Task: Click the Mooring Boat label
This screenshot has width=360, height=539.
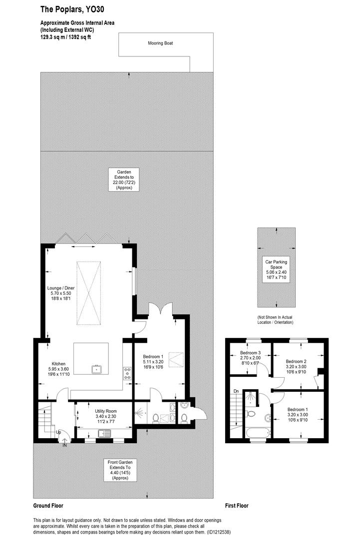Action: [160, 43]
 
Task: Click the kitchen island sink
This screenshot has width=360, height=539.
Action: [96, 370]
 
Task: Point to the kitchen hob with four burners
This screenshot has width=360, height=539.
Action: [127, 373]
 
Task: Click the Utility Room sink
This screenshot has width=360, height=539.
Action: [106, 433]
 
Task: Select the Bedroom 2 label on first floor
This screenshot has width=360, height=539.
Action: [296, 364]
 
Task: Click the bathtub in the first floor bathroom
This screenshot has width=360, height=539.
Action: [258, 432]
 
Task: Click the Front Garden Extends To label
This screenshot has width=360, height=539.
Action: [120, 470]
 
